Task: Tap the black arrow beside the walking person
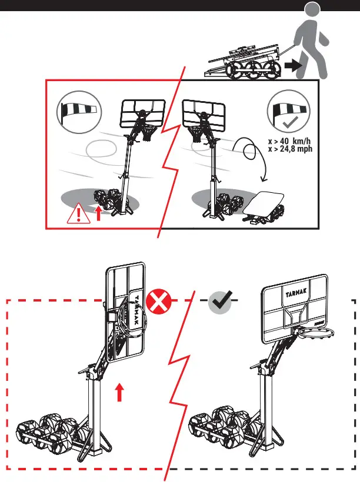coord(291,67)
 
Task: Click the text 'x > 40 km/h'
coord(289,142)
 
